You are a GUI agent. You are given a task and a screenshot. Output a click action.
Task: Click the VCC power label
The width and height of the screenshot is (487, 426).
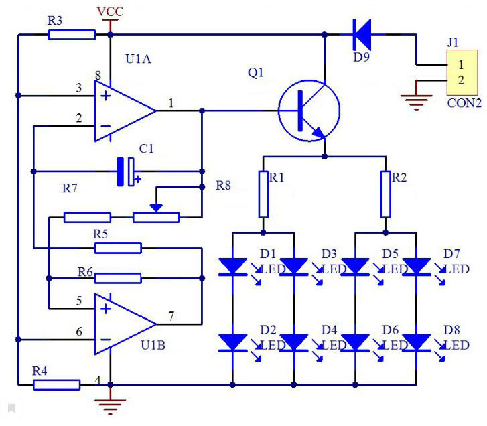point(111,12)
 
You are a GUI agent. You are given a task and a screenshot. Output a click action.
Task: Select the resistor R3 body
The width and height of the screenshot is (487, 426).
point(72,34)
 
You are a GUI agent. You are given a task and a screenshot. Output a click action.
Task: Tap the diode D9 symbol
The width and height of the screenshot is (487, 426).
point(362,34)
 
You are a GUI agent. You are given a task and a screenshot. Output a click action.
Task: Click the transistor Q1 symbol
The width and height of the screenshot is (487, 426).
point(309,111)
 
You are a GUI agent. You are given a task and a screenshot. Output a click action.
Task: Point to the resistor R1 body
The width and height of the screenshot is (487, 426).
point(263,194)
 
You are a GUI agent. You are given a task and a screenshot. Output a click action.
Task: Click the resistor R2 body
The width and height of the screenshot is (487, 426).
point(386,194)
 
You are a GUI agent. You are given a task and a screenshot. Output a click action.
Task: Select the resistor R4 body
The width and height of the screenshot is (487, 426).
point(56,385)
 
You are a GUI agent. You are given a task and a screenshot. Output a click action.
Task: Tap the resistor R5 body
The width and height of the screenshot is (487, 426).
point(118,248)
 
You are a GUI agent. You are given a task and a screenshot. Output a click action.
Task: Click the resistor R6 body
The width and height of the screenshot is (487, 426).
point(118,278)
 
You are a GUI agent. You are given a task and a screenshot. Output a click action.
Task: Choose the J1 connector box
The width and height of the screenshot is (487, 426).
point(462,72)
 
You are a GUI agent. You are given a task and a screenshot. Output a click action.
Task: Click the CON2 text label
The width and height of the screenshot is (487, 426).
point(464,103)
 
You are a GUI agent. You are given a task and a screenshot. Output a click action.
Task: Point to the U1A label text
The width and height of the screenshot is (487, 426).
point(138,59)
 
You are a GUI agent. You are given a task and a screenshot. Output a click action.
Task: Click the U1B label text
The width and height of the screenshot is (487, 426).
point(153,345)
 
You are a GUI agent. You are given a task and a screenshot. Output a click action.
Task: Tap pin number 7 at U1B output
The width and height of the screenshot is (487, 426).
point(171,316)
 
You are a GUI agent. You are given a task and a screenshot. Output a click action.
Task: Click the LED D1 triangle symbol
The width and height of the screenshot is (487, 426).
point(232,267)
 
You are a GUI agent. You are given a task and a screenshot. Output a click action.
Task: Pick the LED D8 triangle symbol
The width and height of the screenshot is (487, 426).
point(417,343)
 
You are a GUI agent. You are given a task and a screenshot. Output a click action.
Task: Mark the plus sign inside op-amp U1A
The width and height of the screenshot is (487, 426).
point(106,96)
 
